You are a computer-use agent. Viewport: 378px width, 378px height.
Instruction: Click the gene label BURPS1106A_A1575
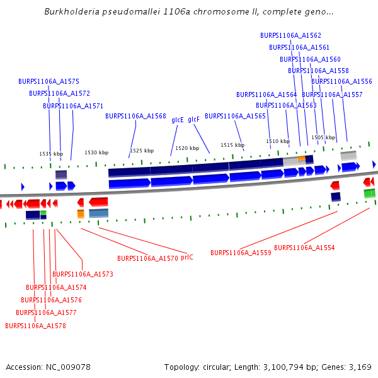click(x=49, y=81)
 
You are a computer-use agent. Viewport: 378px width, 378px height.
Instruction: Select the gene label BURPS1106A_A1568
click(x=135, y=116)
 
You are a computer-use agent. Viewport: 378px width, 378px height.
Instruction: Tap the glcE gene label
click(x=178, y=120)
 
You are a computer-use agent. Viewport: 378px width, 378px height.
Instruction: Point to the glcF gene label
click(x=193, y=120)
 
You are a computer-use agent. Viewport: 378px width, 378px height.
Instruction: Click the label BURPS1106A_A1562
click(x=290, y=35)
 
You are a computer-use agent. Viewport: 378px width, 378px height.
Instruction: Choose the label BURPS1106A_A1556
click(x=341, y=81)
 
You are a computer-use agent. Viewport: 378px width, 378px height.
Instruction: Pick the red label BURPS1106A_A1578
click(x=35, y=326)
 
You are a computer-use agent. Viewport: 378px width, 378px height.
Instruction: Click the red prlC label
click(x=187, y=258)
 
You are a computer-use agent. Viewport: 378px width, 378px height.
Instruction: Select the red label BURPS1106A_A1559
click(x=241, y=253)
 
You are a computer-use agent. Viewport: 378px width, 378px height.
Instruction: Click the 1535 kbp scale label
click(x=51, y=154)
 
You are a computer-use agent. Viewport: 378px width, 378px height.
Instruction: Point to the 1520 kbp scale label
click(x=187, y=148)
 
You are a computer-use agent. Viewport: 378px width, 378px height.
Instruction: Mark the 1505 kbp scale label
click(x=323, y=137)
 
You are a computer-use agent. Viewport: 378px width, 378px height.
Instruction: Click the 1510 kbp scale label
click(x=277, y=141)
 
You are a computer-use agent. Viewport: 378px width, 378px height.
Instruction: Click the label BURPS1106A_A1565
click(x=235, y=116)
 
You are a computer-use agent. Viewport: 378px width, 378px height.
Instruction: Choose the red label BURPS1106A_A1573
click(x=83, y=274)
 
